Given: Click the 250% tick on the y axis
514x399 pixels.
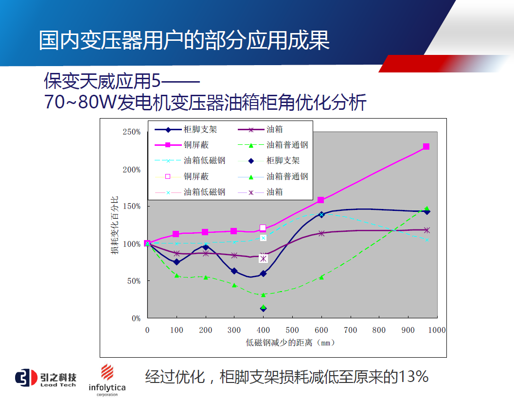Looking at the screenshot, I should click(x=131, y=132).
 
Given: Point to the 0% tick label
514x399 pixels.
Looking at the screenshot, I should click(x=136, y=318).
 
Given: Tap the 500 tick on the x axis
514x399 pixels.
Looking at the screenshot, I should click(x=292, y=330).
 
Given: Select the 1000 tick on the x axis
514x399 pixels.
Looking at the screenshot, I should click(x=437, y=330).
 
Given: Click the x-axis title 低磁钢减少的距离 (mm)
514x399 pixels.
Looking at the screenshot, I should click(x=291, y=343).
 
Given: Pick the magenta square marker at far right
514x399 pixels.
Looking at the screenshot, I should click(x=426, y=146).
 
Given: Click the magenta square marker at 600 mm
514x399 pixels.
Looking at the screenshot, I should click(x=320, y=200).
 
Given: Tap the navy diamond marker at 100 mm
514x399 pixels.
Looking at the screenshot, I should click(x=177, y=262).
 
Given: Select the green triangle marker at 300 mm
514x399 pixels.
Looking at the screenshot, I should click(x=234, y=285).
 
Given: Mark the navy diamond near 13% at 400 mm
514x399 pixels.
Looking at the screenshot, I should click(x=263, y=309).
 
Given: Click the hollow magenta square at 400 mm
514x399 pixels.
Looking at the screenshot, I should click(x=263, y=227).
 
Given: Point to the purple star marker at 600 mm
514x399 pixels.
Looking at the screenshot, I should click(x=321, y=233).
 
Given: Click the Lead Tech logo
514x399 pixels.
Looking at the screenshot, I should click(x=46, y=378).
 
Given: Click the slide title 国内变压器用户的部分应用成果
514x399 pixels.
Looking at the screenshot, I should click(x=184, y=41).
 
